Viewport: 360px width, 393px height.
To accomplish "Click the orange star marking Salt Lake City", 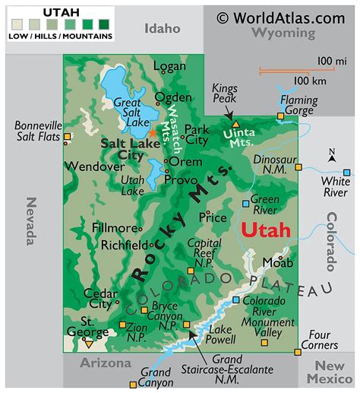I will coord(152,133).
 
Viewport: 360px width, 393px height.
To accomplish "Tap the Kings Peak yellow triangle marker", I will coord(235,123).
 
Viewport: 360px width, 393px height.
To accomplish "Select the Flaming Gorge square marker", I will coord(280,116).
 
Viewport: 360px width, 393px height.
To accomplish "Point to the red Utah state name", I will coord(265,230).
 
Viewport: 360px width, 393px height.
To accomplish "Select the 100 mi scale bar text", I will coord(332,60).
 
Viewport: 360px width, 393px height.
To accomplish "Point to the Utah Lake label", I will coord(133,185).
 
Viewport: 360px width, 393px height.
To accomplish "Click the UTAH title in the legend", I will coord(60,12).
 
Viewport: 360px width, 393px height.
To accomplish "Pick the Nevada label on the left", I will coord(31,221).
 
